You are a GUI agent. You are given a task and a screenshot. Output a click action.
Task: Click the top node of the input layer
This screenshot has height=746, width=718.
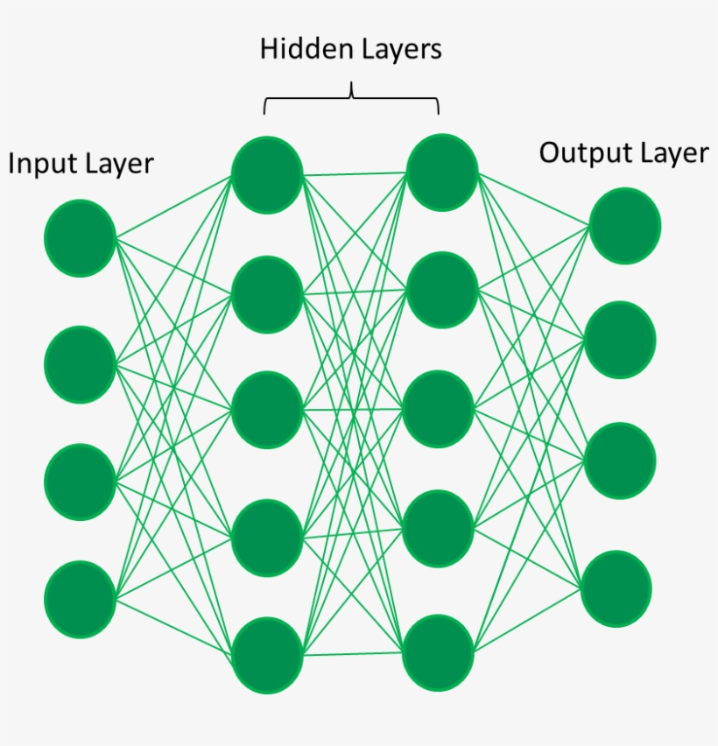pyautogui.click(x=81, y=238)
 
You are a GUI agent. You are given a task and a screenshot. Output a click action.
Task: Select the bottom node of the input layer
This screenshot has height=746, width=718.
pyautogui.click(x=81, y=600)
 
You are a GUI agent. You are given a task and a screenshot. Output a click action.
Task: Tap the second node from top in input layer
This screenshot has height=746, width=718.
pyautogui.click(x=81, y=364)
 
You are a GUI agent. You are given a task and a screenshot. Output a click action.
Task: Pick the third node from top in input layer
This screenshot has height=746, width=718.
pyautogui.click(x=81, y=482)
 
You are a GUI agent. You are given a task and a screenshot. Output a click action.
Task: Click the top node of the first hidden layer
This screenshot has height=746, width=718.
pyautogui.click(x=268, y=175)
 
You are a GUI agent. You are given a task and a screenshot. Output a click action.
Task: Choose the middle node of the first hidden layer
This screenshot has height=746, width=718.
pyautogui.click(x=268, y=410)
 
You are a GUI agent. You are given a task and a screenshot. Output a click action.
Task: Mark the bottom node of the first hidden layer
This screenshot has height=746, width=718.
pyautogui.click(x=268, y=655)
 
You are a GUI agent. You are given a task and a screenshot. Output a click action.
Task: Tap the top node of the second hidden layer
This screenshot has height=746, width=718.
pyautogui.click(x=442, y=172)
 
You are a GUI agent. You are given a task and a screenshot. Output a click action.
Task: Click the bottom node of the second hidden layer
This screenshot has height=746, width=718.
pyautogui.click(x=439, y=653)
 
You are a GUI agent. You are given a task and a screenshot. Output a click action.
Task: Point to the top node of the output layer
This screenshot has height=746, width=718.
pyautogui.click(x=624, y=226)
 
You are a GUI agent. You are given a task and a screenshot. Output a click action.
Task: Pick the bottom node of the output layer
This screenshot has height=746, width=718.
pyautogui.click(x=617, y=588)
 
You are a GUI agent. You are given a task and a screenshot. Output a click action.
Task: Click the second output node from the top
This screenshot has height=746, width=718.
pyautogui.click(x=621, y=340)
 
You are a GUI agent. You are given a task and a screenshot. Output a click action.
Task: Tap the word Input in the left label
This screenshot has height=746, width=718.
pyautogui.click(x=40, y=164)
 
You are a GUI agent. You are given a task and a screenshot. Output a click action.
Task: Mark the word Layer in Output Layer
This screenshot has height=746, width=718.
pyautogui.click(x=672, y=153)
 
